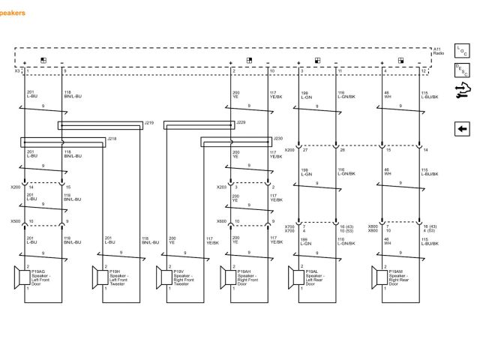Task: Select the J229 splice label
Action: pos(241,121)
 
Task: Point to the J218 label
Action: pos(111,138)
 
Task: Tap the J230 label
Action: pos(278,138)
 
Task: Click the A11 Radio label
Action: pos(439,52)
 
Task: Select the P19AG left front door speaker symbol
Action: pos(19,277)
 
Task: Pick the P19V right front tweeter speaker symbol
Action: pos(161,277)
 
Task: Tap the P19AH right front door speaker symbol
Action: pos(229,277)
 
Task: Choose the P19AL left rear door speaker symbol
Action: pos(293,277)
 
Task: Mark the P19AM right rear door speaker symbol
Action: pos(376,277)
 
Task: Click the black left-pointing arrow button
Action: pos(462,129)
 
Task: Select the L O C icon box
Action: pos(462,52)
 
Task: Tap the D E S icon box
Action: pos(462,70)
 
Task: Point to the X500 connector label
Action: pos(15,221)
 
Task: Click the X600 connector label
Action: pos(221,221)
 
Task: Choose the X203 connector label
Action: pos(221,187)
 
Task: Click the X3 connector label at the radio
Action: pos(17,71)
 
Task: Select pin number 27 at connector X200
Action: pos(304,150)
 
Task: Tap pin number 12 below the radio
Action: pos(423,70)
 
